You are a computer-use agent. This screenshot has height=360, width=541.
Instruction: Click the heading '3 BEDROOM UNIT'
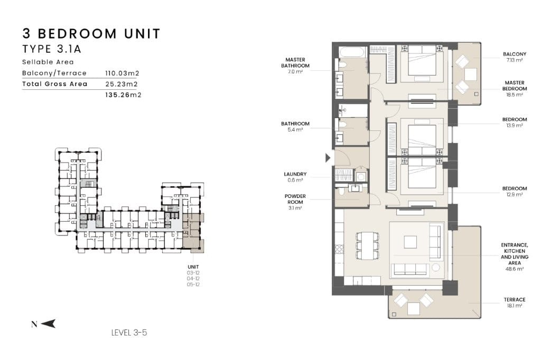point(91,34)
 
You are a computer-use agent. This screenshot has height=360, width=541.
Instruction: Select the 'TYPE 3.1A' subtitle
point(52,49)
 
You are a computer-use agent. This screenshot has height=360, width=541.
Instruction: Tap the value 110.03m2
point(122,73)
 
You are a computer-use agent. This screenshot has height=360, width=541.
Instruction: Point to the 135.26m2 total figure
point(123,95)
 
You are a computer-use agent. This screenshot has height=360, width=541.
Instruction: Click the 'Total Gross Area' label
point(55,84)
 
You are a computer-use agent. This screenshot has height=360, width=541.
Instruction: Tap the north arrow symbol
point(48,324)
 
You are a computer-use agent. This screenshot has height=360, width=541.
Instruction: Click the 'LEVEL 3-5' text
point(129,333)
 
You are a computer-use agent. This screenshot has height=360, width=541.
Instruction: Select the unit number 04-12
point(193,279)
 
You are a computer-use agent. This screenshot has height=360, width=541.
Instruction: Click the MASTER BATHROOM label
point(295,63)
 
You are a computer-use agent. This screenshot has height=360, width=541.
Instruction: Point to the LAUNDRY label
point(295,174)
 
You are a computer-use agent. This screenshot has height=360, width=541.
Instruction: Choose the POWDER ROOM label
point(295,199)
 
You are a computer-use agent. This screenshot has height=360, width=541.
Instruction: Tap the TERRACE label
point(515,300)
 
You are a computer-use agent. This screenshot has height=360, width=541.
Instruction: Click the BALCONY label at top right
point(515,54)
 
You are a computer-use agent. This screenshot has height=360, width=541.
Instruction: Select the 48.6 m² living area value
point(515,269)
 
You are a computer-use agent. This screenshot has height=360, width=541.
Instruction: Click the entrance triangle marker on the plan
point(328,158)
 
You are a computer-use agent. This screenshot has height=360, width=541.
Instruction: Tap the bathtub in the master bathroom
point(352,52)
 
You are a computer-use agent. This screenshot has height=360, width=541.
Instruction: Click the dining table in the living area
point(368,246)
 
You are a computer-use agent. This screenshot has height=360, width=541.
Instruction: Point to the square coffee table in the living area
point(410,242)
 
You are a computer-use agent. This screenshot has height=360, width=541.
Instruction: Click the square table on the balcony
point(471,74)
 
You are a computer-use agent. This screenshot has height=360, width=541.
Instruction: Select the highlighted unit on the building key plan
point(193,233)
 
